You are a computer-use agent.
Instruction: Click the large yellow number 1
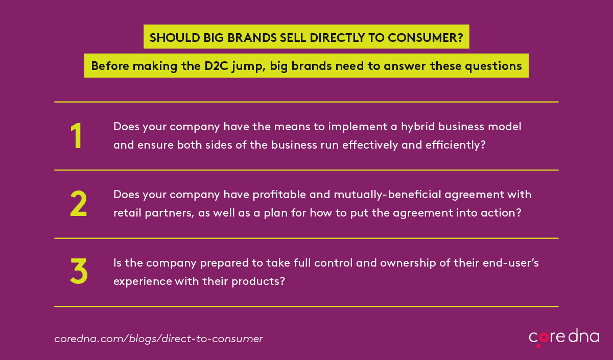click(76, 136)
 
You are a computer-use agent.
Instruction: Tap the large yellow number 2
click(79, 204)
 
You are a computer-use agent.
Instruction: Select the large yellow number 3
click(79, 271)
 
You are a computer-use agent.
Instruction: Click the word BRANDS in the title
click(252, 38)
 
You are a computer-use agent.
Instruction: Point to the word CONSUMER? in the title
click(426, 38)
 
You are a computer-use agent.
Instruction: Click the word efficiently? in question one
click(455, 145)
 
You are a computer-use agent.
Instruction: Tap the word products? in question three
click(258, 281)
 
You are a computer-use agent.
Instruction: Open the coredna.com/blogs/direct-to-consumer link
click(158, 339)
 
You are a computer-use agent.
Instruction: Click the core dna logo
click(564, 338)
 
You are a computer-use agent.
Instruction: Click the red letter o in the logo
click(544, 338)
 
